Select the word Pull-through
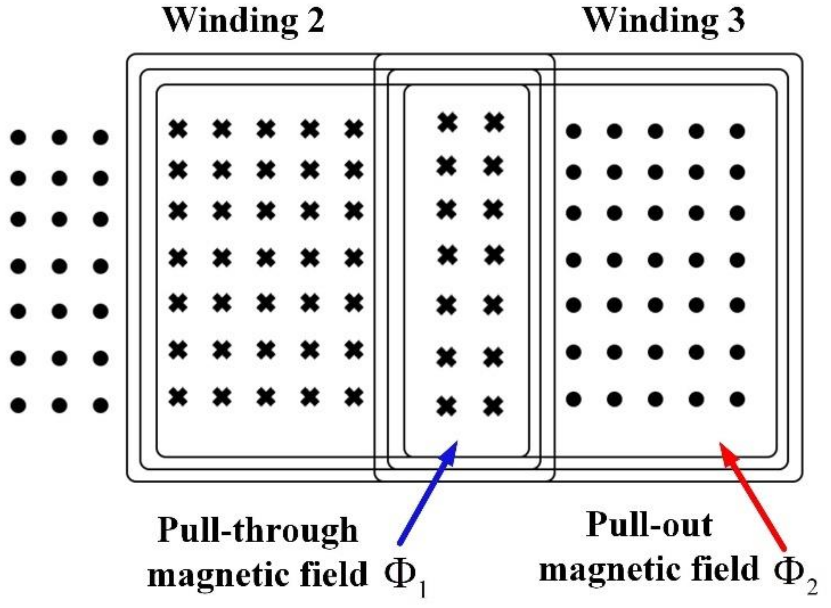pos(258,531)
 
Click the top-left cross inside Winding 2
pos(178,129)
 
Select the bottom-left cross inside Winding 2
pos(178,397)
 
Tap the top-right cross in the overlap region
pos(494,123)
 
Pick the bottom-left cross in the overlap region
pos(447,406)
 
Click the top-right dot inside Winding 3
pos(737,131)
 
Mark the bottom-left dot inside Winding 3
pos(573,399)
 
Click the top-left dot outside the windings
pos(18,137)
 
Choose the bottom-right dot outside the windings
pos(100,405)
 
